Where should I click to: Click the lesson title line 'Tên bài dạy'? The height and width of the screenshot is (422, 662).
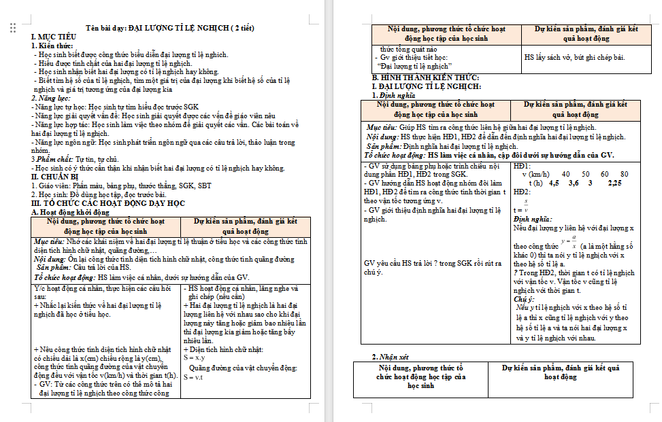click(170, 28)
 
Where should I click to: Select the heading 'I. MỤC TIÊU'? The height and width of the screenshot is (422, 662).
click(51, 37)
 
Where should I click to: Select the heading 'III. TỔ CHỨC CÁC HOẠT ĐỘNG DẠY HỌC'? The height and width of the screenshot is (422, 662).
click(108, 203)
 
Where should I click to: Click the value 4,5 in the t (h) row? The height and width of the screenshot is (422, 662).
click(553, 183)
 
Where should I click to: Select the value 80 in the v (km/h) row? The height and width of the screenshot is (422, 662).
click(625, 174)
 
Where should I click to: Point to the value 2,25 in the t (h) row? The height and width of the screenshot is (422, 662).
click(614, 183)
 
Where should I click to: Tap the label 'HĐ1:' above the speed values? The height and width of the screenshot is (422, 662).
click(522, 165)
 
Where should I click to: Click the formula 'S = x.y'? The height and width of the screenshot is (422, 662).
click(195, 357)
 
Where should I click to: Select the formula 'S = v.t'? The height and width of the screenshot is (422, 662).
click(194, 376)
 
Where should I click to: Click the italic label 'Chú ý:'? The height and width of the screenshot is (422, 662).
click(524, 299)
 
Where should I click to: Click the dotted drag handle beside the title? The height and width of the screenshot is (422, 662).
click(13, 28)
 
